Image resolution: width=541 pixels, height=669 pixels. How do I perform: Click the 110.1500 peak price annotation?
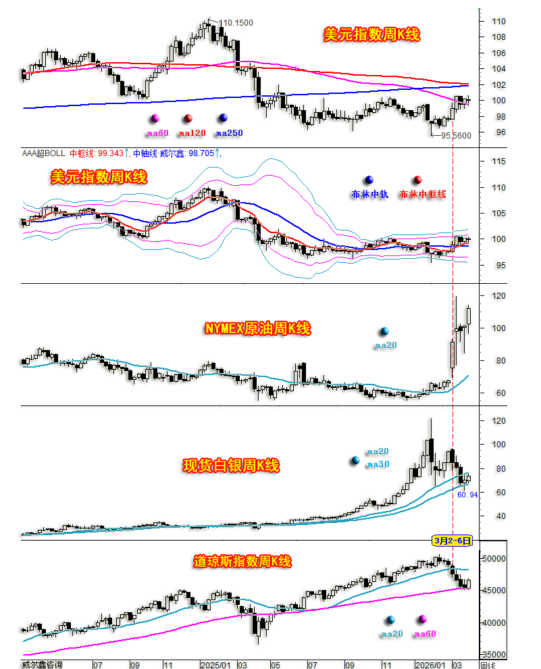click(x=236, y=23)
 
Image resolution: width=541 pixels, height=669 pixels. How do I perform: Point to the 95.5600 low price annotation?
click(x=456, y=135)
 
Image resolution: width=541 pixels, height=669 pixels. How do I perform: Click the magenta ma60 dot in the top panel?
click(x=155, y=118)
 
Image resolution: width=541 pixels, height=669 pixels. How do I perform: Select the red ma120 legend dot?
click(x=188, y=118)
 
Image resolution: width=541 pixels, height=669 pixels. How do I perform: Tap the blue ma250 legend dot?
click(x=223, y=118)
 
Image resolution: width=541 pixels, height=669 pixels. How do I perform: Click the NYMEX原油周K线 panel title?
click(x=257, y=329)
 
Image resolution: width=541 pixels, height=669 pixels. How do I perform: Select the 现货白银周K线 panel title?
click(x=231, y=466)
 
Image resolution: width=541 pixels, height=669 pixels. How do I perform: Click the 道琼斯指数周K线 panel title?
click(x=242, y=562)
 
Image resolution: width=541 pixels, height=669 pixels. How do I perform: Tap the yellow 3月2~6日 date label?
click(x=452, y=541)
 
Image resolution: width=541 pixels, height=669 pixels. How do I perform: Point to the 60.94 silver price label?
click(x=467, y=495)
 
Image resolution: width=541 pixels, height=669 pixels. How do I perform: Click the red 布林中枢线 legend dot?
click(x=418, y=180)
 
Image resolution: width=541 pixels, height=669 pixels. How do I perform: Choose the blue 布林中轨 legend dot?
click(x=368, y=180)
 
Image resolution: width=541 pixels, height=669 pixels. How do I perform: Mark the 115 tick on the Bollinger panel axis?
click(x=498, y=162)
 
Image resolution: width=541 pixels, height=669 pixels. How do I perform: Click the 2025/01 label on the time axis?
click(x=217, y=664)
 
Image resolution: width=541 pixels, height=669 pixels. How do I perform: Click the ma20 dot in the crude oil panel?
click(x=384, y=331)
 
